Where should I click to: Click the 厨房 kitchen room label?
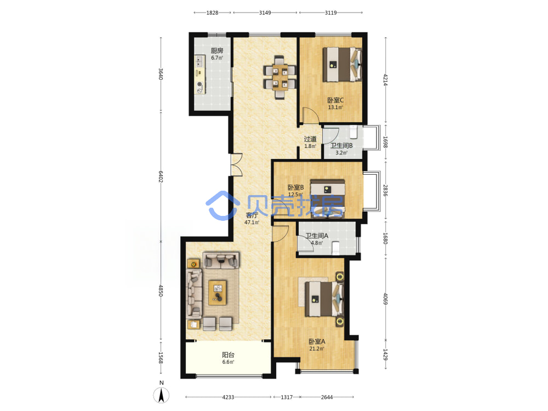pos(216,50)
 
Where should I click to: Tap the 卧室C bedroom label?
pos(335,100)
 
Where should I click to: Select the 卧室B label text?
pos(295,187)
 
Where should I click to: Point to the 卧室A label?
pos(317,341)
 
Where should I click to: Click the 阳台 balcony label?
pos(228,355)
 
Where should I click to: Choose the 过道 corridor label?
pos(310,139)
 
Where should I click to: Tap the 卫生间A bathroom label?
pos(317,236)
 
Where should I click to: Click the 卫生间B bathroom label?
pos(341,146)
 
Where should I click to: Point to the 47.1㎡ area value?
pos(252,222)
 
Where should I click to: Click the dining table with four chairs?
pos(280,77)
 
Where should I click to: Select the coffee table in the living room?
pos(218,292)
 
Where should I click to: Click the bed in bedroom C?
pos(342,64)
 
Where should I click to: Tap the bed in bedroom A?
pos(324,299)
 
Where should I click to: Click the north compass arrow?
pos(162,395)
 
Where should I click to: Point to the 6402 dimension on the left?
pos(161,176)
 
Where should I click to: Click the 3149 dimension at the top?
pos(265,13)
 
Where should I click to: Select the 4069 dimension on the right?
pos(385,299)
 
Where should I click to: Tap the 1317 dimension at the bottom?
pos(287,397)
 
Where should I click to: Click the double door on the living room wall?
pos(236,164)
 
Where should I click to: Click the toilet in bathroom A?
pos(335,247)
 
